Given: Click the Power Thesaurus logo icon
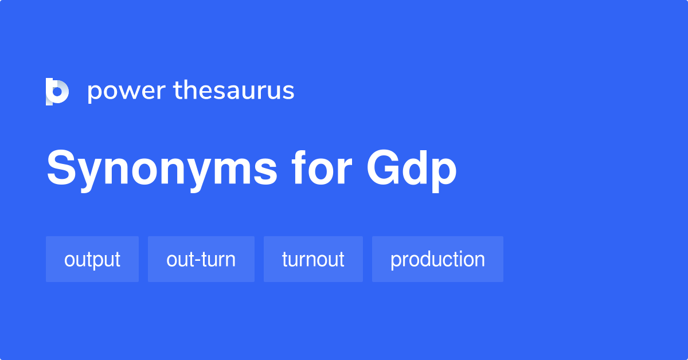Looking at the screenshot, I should (57, 91).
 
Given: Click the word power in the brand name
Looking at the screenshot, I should (125, 91).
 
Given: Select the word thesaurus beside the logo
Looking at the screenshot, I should (234, 91).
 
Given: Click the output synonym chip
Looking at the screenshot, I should (92, 259).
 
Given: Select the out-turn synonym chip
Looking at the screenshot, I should (201, 259).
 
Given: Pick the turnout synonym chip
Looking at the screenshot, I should (313, 259).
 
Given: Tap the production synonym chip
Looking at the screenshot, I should (437, 259).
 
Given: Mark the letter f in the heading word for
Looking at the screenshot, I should (300, 167).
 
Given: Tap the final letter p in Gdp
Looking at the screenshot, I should (445, 173).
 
